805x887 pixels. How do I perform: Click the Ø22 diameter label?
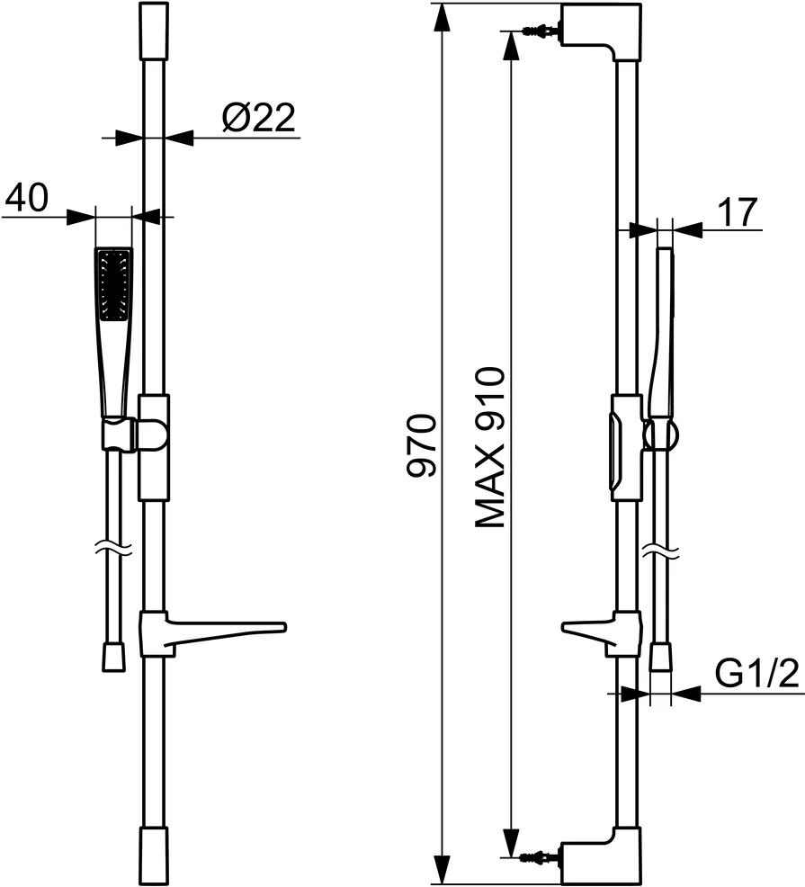tap(258, 118)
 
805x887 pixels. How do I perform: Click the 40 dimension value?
tap(27, 197)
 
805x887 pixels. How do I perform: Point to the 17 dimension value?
tap(738, 212)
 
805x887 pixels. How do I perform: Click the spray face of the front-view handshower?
tap(114, 283)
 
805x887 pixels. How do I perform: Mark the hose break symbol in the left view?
tap(113, 546)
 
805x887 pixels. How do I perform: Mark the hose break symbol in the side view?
tap(661, 546)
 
